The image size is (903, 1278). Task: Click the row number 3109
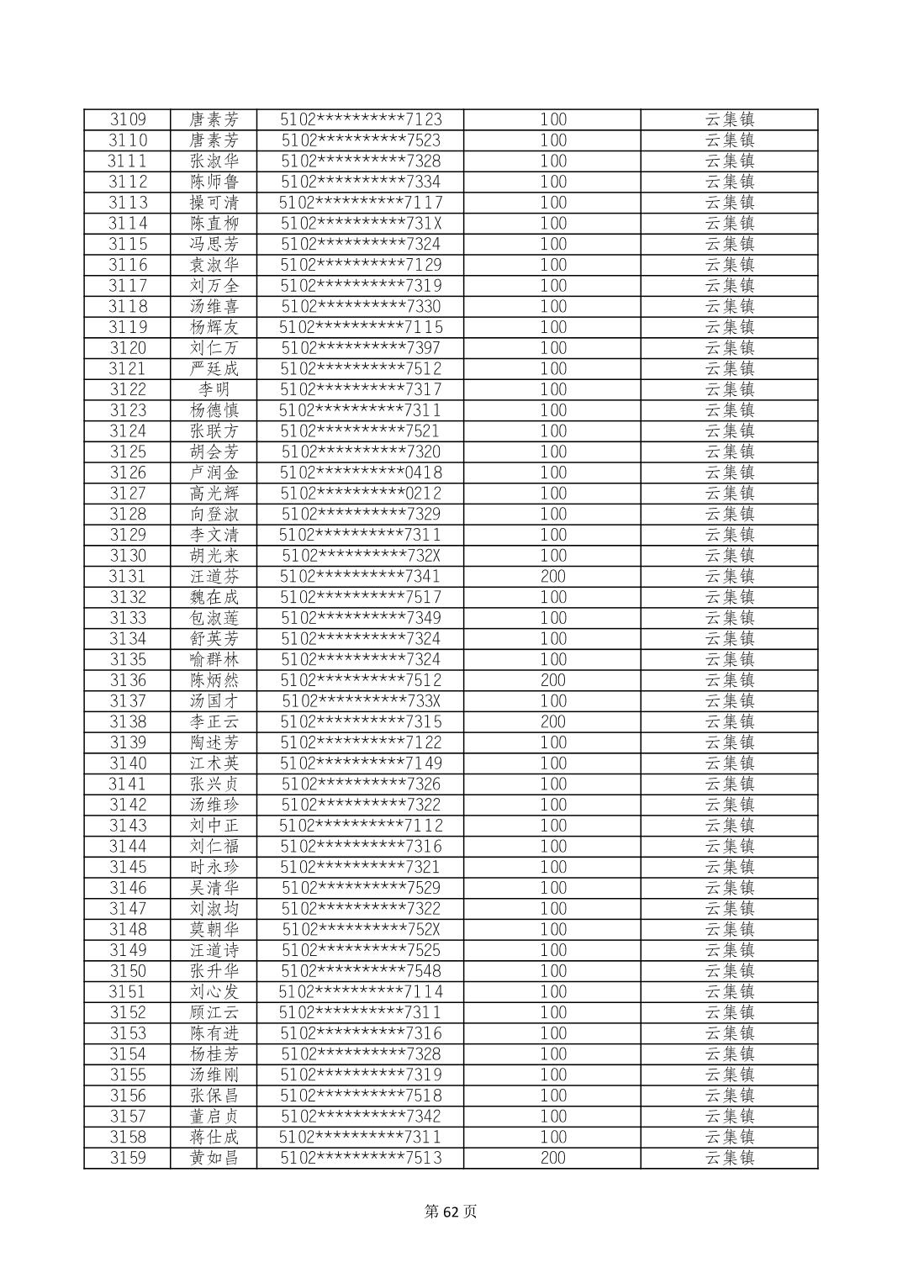click(128, 119)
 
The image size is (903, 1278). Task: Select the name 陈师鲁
click(214, 182)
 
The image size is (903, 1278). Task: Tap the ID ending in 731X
click(361, 224)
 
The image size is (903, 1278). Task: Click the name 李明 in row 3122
click(214, 389)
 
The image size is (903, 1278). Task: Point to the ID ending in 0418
click(361, 473)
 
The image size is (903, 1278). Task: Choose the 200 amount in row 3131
click(552, 576)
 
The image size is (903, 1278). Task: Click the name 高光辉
click(214, 494)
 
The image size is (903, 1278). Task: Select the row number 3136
click(128, 680)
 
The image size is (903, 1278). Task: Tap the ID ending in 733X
click(361, 701)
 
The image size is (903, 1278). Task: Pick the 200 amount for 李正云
click(552, 721)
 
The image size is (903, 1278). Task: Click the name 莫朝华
click(214, 929)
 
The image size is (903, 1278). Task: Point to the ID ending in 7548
click(361, 970)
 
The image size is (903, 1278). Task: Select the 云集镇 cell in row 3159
click(729, 1158)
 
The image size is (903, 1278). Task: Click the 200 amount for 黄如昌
click(552, 1158)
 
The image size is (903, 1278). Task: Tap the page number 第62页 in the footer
click(451, 1212)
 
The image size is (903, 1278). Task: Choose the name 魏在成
click(214, 597)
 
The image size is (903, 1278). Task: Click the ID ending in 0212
click(361, 494)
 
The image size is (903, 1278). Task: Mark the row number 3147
click(128, 908)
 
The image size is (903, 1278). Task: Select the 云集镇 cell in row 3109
click(729, 119)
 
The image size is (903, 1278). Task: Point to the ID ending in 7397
click(361, 348)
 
